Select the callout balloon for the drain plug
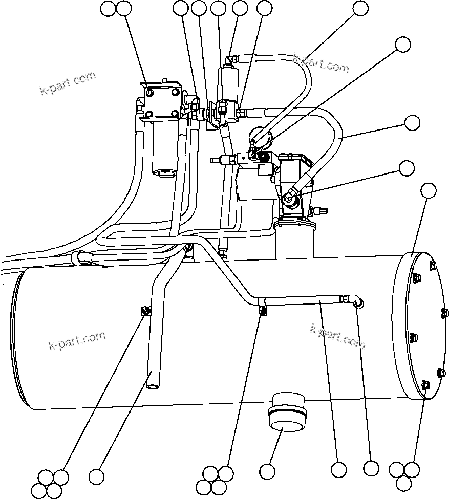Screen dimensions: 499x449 click(x=267, y=471)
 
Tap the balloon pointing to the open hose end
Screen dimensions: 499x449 click(x=97, y=476)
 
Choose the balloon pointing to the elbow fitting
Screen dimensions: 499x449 click(x=371, y=468)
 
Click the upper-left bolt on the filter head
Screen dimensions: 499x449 click(x=150, y=93)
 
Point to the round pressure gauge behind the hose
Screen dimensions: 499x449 click(x=260, y=137)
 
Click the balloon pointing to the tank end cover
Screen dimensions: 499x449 click(x=428, y=191)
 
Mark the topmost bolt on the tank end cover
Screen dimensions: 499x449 click(x=433, y=265)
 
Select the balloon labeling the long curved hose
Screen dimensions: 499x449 click(x=412, y=123)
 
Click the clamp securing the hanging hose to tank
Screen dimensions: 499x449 click(x=146, y=310)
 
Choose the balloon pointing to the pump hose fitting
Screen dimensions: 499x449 click(x=407, y=168)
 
